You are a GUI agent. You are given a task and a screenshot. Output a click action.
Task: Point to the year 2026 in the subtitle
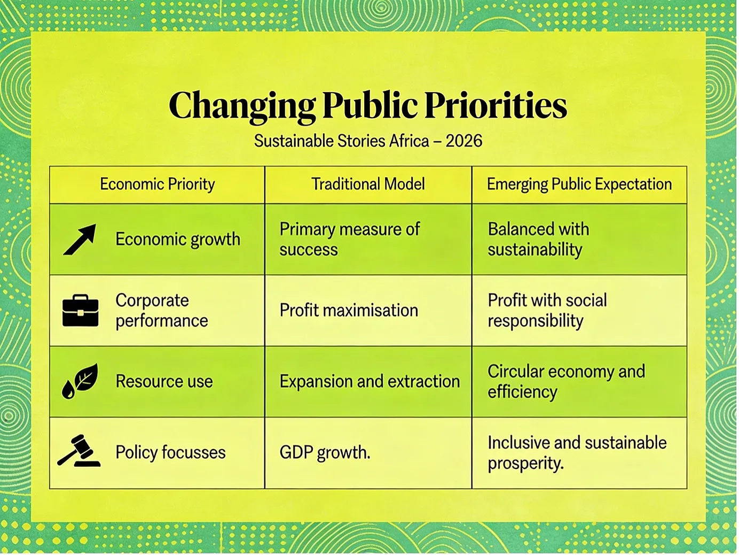pyautogui.click(x=464, y=141)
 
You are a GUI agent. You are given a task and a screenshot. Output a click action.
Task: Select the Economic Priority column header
pyautogui.click(x=157, y=184)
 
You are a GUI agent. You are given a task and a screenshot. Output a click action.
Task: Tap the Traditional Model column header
pyautogui.click(x=368, y=184)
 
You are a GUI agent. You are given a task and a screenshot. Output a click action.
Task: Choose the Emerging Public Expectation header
pyautogui.click(x=579, y=184)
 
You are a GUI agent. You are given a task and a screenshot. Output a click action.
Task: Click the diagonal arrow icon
pyautogui.click(x=80, y=239)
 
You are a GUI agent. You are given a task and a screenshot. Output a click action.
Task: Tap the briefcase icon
pyautogui.click(x=81, y=310)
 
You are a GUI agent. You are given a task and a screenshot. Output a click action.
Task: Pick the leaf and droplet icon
pyautogui.click(x=80, y=381)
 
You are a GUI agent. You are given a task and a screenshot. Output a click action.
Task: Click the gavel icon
pyautogui.click(x=79, y=450)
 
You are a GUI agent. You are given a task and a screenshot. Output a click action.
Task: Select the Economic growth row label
pyautogui.click(x=178, y=240)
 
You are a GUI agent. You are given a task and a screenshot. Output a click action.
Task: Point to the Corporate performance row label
pyautogui.click(x=162, y=310)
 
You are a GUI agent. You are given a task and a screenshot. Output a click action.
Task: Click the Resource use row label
pyautogui.click(x=164, y=381)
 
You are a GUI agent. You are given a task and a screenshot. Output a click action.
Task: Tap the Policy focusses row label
pyautogui.click(x=170, y=452)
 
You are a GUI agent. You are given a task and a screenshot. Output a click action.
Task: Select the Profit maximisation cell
pyautogui.click(x=349, y=310)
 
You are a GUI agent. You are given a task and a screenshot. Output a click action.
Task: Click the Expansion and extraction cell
pyautogui.click(x=369, y=381)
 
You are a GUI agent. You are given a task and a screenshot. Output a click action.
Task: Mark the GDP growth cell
pyautogui.click(x=325, y=452)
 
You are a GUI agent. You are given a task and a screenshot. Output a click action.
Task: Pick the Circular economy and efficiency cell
pyautogui.click(x=567, y=382)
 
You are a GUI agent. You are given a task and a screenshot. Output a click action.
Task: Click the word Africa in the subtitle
pyautogui.click(x=409, y=141)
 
